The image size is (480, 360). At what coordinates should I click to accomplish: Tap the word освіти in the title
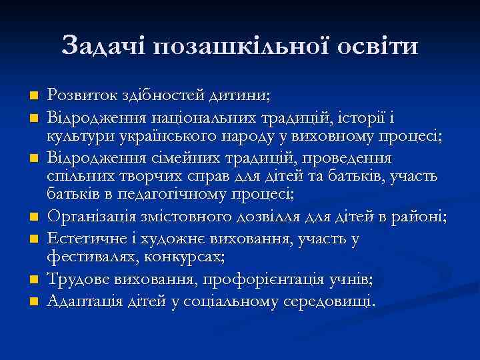pos(373,46)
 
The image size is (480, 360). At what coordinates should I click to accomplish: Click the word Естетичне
pos(87,238)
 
